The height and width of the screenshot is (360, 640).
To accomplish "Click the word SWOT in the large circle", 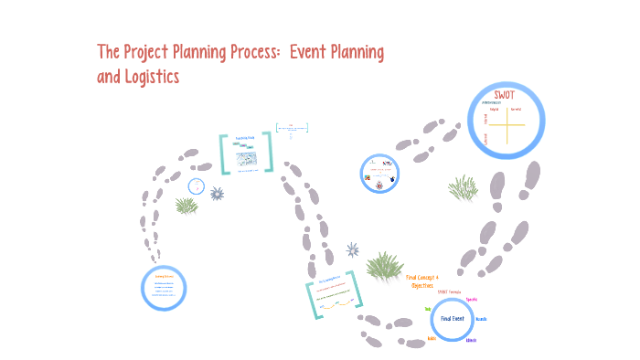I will (505, 96).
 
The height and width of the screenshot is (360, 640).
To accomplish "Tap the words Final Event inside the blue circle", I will (453, 319).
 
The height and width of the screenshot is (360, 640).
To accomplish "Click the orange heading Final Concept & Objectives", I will (422, 281).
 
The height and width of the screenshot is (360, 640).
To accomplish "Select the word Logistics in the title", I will (150, 77).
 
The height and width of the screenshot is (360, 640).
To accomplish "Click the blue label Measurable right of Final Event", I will (482, 319).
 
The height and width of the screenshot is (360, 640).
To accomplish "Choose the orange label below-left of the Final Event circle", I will (432, 338).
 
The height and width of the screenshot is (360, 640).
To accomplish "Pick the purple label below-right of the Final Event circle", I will (471, 340).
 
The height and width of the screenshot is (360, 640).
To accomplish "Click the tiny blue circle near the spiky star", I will (196, 186).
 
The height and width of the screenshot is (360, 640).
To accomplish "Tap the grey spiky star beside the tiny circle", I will (217, 193).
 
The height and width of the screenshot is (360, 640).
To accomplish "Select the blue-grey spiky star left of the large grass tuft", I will (352, 249).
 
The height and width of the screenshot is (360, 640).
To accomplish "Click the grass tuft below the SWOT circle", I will (463, 188).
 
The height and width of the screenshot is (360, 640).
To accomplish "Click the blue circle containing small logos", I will (380, 172).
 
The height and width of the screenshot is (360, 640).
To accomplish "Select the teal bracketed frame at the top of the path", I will (246, 153).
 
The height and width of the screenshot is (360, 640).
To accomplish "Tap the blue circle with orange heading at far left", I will (165, 287).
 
